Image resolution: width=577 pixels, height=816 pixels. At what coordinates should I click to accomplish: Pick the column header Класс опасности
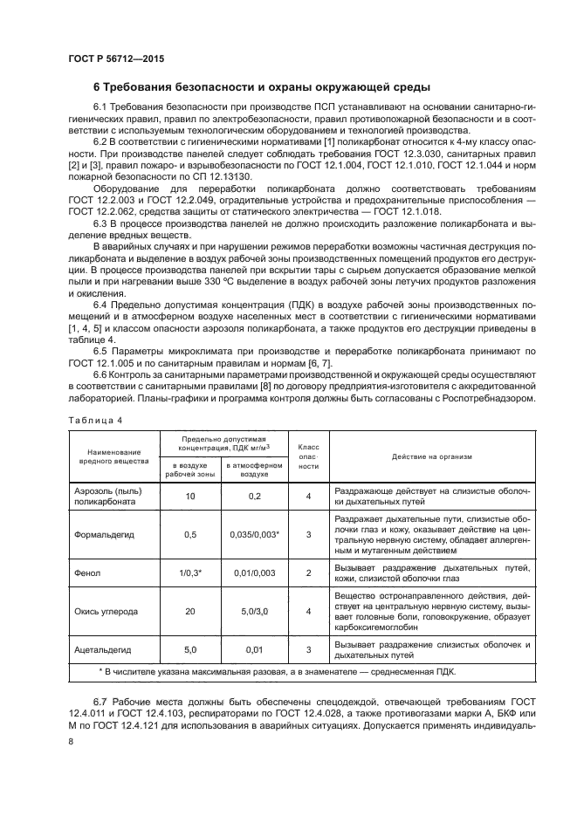[309, 455]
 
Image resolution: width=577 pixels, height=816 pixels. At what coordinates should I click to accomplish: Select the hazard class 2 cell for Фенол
[309, 573]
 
